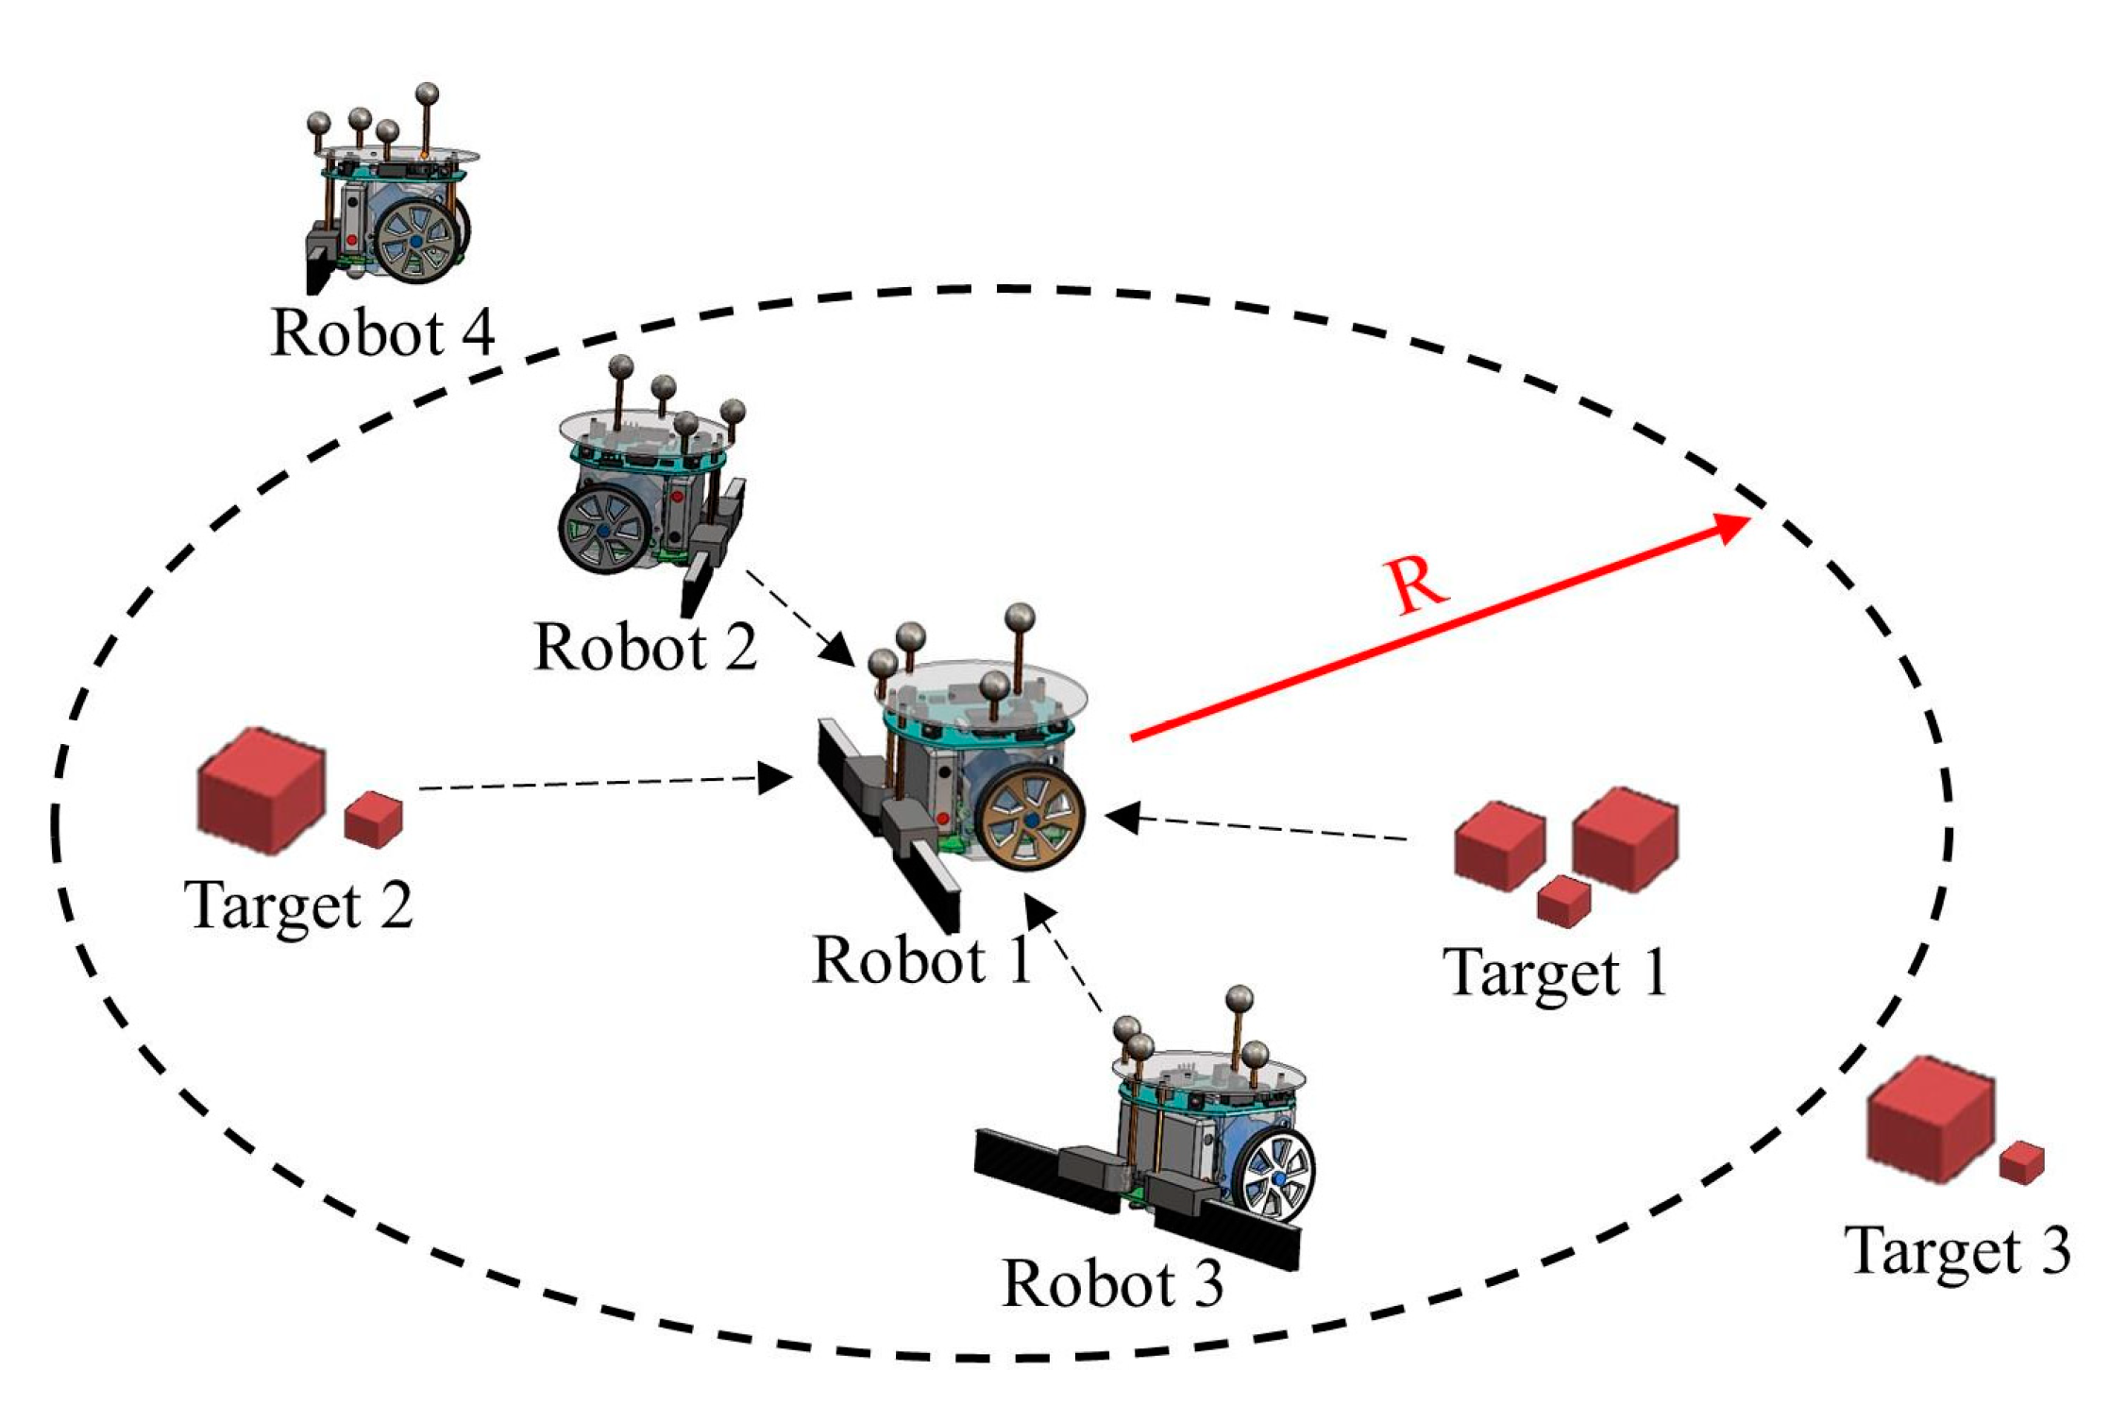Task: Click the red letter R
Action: coord(1417,585)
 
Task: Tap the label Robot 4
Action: coord(382,333)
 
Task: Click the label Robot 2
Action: coord(646,648)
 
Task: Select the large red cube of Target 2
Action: coord(261,791)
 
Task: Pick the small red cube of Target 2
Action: coord(374,819)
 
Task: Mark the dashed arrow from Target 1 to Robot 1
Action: coord(1256,825)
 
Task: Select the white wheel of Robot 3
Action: coord(1277,1177)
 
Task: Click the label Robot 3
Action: coord(1113,1284)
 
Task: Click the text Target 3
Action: coord(1957,1252)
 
